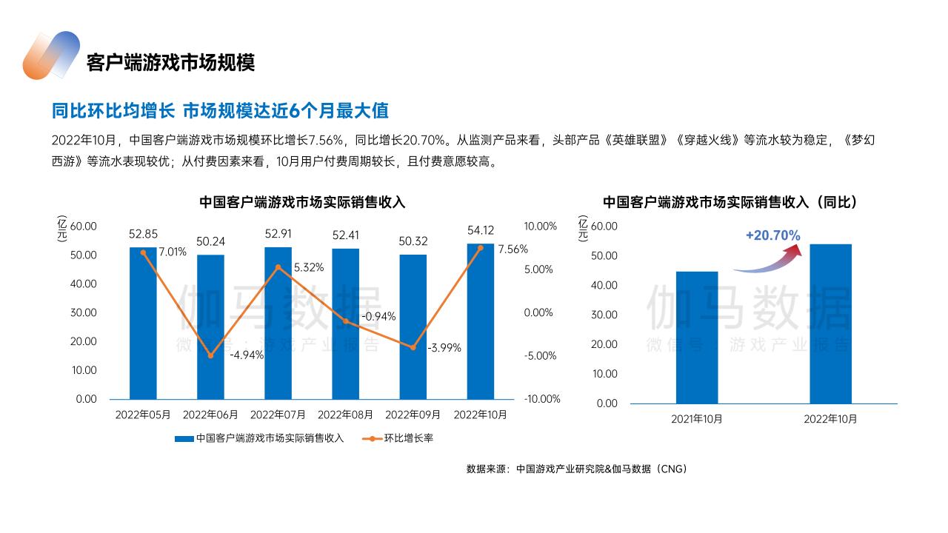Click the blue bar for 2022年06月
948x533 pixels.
pos(210,326)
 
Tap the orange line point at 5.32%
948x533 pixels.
pos(278,267)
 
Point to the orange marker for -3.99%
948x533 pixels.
pos(413,347)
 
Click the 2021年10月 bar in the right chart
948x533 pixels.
pos(697,337)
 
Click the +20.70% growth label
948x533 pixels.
pos(772,235)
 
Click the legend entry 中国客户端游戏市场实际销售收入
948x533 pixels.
pos(260,438)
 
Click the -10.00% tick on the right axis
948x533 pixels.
pos(542,399)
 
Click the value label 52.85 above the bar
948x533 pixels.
pos(143,234)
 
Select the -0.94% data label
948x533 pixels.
pos(378,316)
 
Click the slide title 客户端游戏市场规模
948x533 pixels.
pos(170,62)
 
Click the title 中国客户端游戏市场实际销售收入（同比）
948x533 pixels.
pos(730,202)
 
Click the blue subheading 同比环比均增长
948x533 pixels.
pos(113,111)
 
